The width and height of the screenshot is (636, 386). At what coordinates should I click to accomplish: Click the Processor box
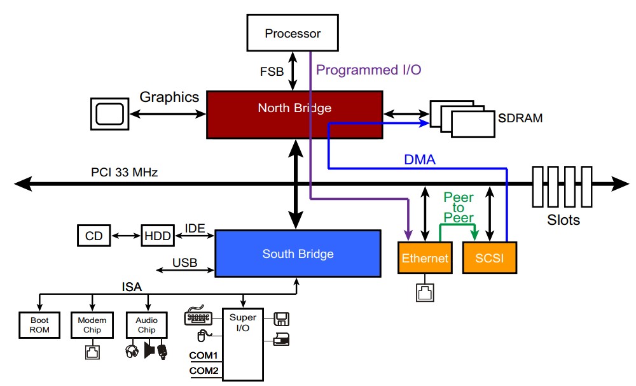[x=293, y=33]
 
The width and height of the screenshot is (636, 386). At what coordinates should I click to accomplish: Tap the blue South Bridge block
[x=298, y=254]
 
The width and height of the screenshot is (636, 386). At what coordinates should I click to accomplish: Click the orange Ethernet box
[x=425, y=259]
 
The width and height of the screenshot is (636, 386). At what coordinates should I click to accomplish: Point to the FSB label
[x=272, y=71]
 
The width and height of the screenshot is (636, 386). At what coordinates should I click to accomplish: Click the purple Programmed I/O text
[x=368, y=70]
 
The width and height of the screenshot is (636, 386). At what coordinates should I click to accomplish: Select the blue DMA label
[x=420, y=160]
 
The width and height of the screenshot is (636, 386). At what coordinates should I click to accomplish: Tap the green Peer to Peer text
[x=458, y=208]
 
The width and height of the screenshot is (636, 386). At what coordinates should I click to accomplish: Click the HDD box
[x=156, y=236]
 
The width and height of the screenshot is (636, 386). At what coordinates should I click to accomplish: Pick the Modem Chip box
[x=92, y=325]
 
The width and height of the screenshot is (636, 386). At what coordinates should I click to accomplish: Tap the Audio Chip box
[x=146, y=325]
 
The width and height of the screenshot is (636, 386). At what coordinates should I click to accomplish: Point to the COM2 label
[x=203, y=371]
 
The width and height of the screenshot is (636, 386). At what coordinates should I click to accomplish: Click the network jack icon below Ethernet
[x=424, y=292]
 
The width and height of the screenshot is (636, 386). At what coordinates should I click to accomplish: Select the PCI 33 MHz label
[x=124, y=172]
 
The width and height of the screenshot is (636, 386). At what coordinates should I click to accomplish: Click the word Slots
[x=563, y=220]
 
